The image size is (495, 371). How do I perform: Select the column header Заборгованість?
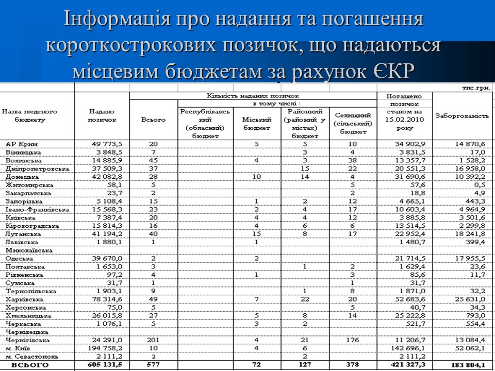click(x=461, y=115)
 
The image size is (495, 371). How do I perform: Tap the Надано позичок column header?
click(x=102, y=115)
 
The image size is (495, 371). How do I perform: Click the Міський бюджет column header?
click(x=256, y=120)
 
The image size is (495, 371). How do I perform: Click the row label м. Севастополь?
click(x=29, y=357)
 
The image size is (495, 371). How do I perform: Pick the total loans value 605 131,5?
click(x=107, y=365)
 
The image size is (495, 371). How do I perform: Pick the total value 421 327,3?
click(x=406, y=365)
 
